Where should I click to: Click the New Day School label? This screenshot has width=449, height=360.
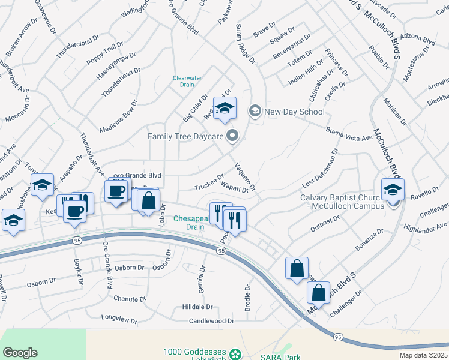click(294, 112)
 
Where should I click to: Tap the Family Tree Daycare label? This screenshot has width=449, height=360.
click(186, 137)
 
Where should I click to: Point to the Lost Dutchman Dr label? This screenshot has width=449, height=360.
click(320, 169)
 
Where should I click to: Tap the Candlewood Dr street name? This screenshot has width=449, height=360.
click(211, 322)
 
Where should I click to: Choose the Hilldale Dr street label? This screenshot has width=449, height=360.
click(197, 307)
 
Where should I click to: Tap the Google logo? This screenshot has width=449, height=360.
click(20, 353)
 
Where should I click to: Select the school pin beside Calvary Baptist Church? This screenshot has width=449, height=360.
click(393, 190)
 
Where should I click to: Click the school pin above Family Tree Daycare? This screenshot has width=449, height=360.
click(225, 109)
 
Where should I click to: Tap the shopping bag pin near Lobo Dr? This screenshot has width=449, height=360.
click(148, 200)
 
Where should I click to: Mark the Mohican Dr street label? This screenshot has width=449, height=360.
click(395, 112)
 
